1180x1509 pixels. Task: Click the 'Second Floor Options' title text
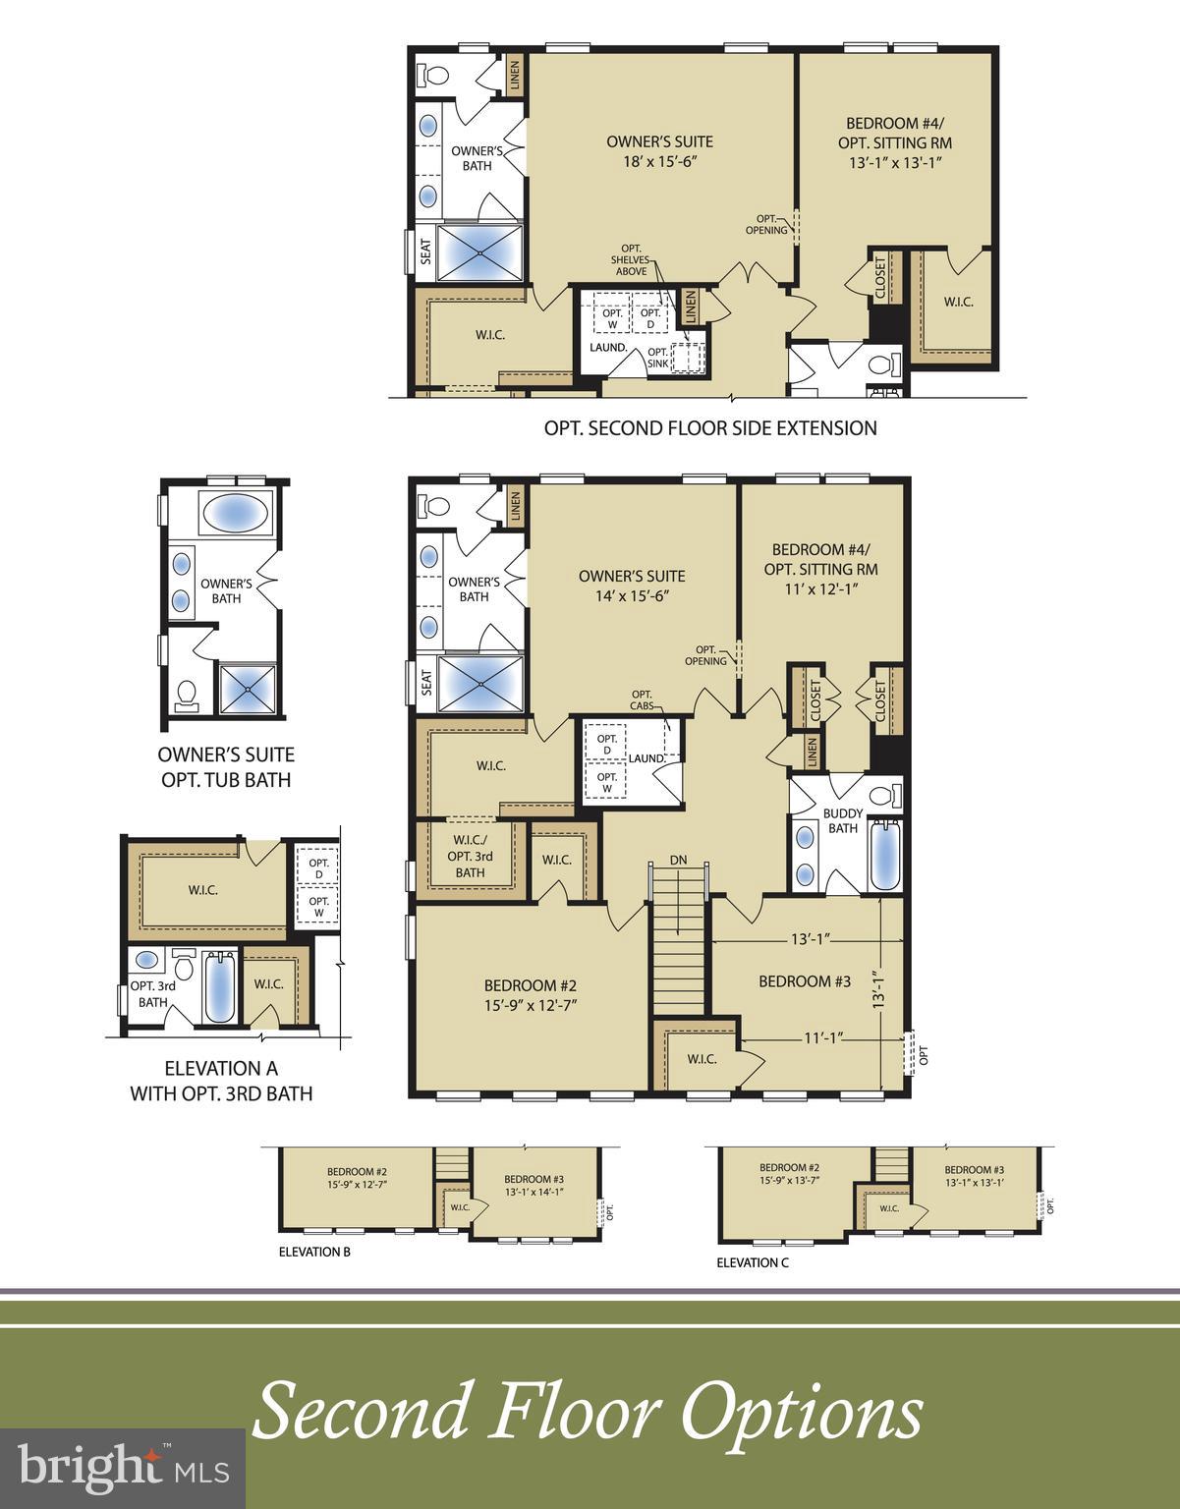(588, 1413)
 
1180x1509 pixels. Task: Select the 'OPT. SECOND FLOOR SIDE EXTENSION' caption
(710, 428)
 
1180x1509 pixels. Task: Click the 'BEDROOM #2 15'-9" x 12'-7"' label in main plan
(530, 994)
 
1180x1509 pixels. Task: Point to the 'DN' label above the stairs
(678, 861)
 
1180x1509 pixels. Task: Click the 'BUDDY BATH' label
(842, 820)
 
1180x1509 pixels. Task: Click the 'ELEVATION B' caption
(314, 1252)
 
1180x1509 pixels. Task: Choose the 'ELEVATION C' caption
(752, 1262)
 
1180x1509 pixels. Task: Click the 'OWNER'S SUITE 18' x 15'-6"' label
(659, 151)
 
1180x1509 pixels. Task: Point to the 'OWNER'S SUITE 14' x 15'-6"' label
(632, 586)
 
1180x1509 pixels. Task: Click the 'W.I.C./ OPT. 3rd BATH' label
(470, 856)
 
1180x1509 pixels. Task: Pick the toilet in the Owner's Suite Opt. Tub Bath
(185, 696)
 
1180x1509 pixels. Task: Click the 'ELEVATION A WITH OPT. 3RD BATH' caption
(221, 1081)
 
